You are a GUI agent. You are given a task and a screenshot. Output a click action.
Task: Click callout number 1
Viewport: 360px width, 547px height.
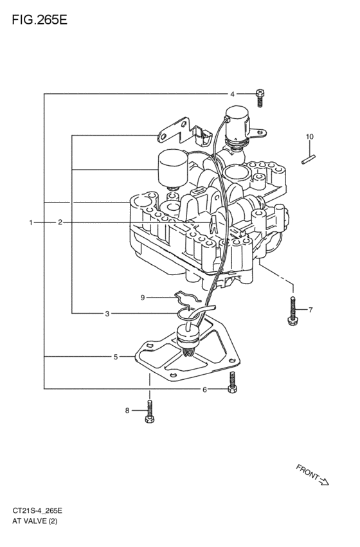30,222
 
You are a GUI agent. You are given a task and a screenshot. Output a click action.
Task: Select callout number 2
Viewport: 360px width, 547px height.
60,222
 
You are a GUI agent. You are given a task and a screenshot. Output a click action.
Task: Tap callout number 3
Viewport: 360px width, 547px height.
107,314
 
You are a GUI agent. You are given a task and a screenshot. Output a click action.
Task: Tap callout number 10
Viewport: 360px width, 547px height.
309,136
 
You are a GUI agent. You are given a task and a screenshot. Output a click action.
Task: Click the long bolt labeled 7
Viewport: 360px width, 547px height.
292,310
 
